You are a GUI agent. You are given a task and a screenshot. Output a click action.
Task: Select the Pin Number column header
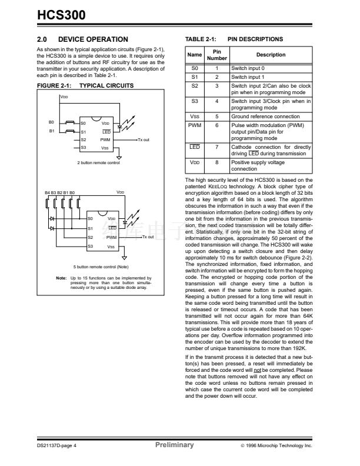click(x=216, y=55)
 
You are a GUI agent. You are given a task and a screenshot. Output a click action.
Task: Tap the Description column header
click(x=271, y=55)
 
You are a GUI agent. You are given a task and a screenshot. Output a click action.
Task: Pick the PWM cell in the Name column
click(x=195, y=125)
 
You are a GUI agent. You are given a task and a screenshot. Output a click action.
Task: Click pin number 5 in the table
click(x=216, y=116)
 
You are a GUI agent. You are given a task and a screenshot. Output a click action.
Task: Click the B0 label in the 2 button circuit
click(x=51, y=122)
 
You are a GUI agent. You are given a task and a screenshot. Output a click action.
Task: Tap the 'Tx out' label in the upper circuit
click(x=143, y=139)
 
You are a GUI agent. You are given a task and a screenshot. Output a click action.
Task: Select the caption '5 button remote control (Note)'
click(x=98, y=267)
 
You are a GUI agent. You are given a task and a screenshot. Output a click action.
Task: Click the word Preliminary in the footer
click(x=174, y=445)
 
